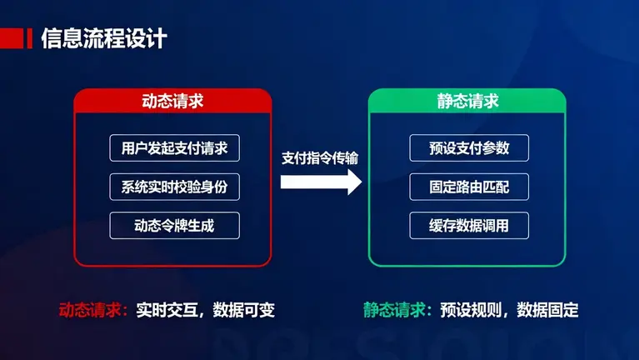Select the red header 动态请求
(173, 102)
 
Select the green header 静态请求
(467, 102)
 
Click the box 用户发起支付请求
(174, 147)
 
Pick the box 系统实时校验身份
(174, 187)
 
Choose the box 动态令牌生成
(174, 226)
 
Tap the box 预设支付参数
(469, 147)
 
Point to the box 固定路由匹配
(469, 187)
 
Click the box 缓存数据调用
(469, 226)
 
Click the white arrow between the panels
(321, 181)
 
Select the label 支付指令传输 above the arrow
(321, 156)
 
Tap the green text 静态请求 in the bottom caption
(392, 310)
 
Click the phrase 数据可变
(243, 310)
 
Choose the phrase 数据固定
(547, 310)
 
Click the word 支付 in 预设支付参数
(469, 147)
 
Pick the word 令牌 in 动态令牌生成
(174, 226)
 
